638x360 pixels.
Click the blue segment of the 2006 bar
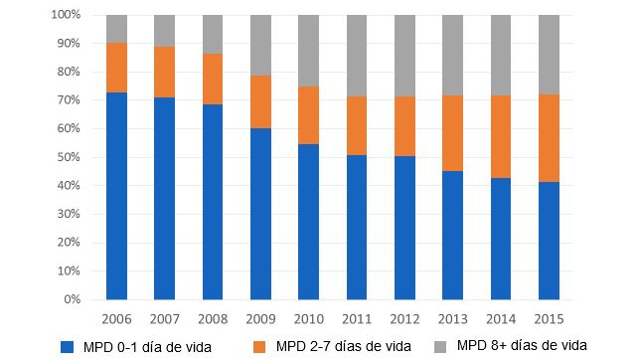pos(116,195)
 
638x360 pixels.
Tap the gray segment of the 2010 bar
pos(308,51)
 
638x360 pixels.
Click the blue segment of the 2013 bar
pos(452,235)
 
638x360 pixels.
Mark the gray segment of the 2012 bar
pos(404,56)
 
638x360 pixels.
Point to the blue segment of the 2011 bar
pos(357,227)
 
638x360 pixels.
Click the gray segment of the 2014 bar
pos(501,56)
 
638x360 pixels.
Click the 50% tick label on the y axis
pos(67,157)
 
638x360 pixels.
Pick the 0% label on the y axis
pos(71,299)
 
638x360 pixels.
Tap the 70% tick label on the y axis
pos(67,100)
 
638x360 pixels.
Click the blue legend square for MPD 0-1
pos(68,346)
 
